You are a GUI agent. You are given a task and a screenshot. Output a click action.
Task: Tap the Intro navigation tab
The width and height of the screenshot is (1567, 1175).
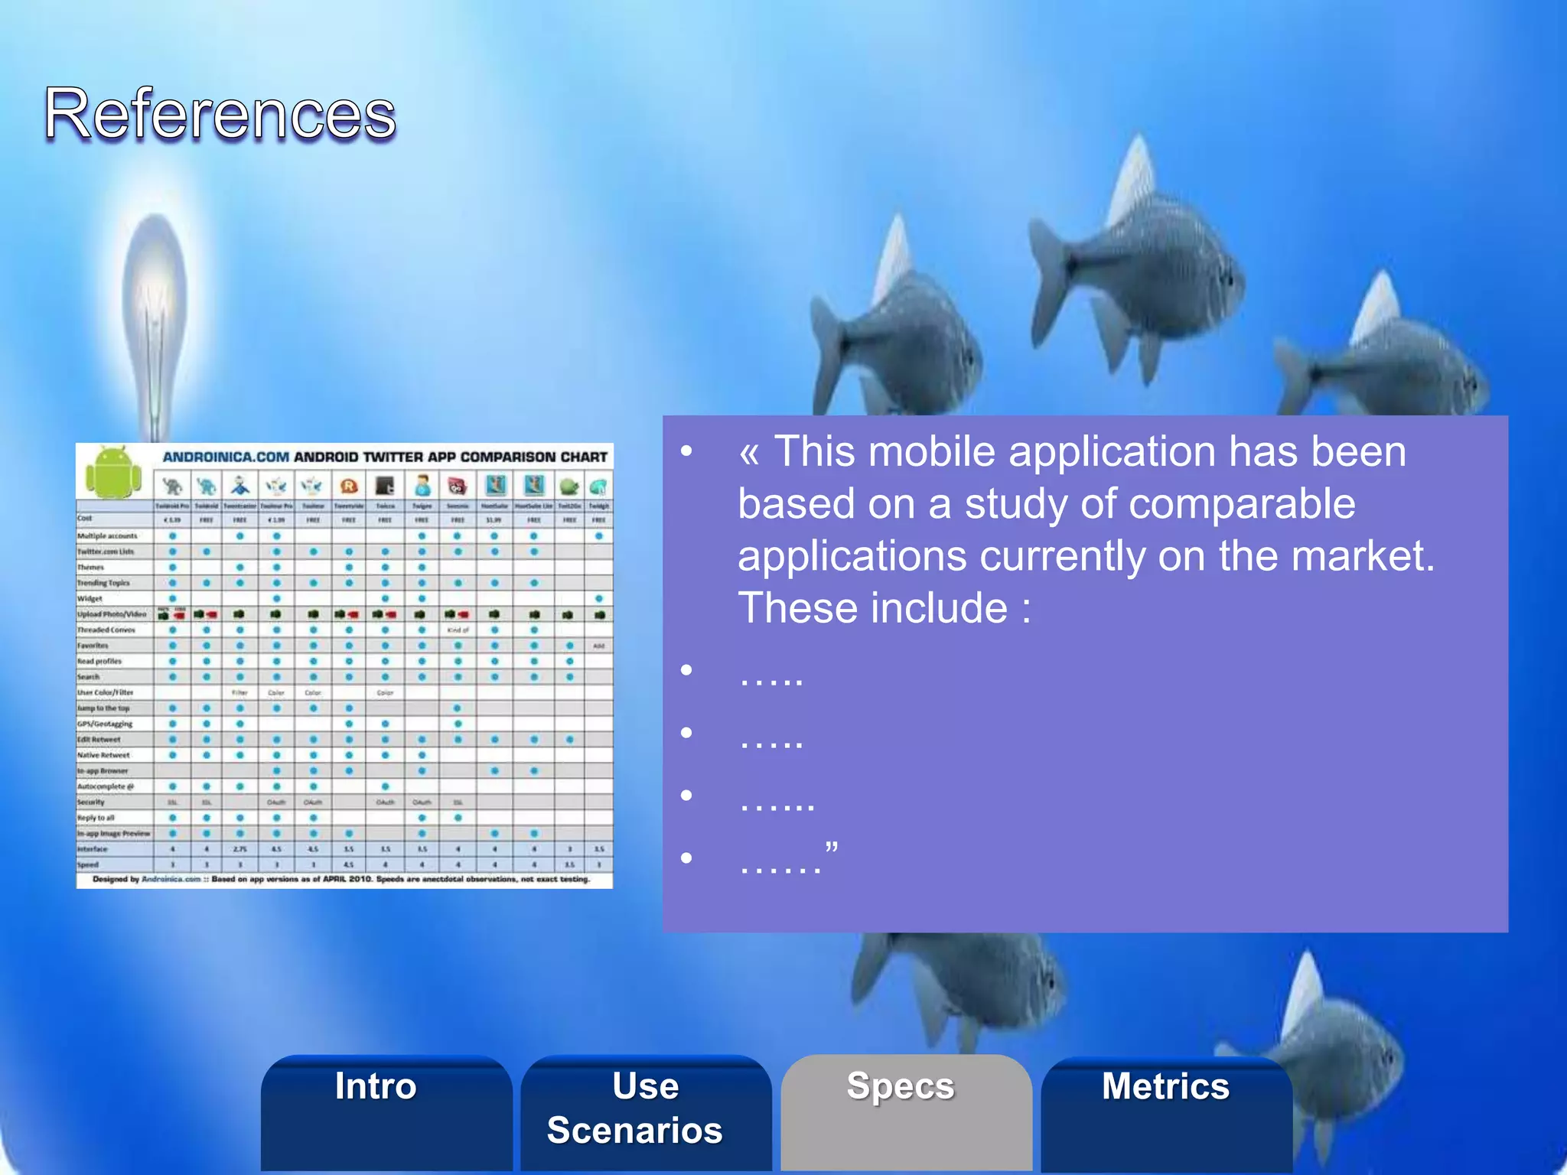[376, 1085]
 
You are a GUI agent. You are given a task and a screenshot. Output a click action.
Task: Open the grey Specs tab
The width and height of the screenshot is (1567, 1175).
[901, 1085]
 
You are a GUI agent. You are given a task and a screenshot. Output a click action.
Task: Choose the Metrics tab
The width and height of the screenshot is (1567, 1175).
[1165, 1085]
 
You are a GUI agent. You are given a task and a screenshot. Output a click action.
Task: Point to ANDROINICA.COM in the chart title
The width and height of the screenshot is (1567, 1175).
[226, 457]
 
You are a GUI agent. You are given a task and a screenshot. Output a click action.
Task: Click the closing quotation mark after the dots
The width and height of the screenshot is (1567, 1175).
[832, 848]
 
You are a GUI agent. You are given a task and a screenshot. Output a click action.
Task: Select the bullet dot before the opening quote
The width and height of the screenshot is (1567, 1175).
[686, 451]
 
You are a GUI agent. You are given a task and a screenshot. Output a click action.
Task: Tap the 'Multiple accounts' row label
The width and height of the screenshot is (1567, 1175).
[107, 535]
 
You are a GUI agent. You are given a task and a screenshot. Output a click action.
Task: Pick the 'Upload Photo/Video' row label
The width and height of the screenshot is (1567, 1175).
[112, 614]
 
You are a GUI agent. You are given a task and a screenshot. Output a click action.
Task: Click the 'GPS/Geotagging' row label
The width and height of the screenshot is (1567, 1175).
[105, 724]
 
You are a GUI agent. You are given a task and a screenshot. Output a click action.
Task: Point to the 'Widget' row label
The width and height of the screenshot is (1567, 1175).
[90, 598]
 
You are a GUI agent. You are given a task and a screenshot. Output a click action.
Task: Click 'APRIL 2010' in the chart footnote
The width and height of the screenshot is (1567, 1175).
[347, 879]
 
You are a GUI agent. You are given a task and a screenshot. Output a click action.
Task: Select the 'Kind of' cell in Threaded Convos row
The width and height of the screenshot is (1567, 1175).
[458, 630]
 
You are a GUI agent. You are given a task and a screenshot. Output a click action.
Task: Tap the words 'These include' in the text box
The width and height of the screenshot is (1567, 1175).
[872, 608]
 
